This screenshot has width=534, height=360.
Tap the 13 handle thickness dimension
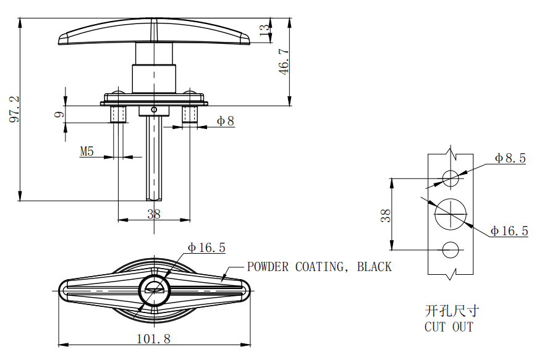point(265,31)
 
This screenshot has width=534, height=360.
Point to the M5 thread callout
point(87,151)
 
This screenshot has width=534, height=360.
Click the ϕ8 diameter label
point(226,121)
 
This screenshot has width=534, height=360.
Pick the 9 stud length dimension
point(57,114)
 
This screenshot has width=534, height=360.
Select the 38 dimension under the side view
point(154,214)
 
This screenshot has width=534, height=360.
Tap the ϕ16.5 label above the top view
point(206,248)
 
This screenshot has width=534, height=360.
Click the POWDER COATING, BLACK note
point(319,267)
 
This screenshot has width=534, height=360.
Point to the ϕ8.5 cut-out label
point(510,158)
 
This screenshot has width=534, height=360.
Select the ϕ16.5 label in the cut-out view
point(509,231)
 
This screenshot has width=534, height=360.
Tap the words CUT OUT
point(449,327)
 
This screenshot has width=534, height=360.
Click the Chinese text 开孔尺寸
point(451,310)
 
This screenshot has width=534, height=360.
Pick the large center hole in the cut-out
point(451,214)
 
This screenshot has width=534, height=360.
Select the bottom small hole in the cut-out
point(451,250)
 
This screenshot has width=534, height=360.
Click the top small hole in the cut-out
point(451,178)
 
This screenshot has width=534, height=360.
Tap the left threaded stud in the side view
point(119,114)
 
